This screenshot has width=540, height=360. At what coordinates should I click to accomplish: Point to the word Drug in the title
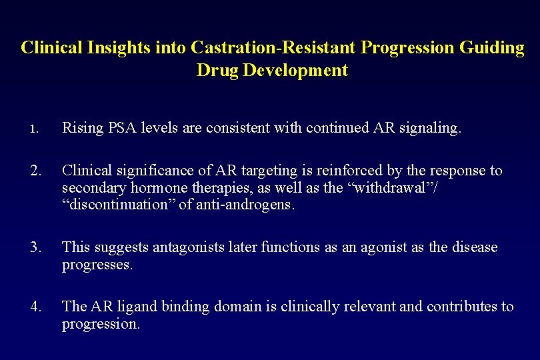[217, 70]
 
